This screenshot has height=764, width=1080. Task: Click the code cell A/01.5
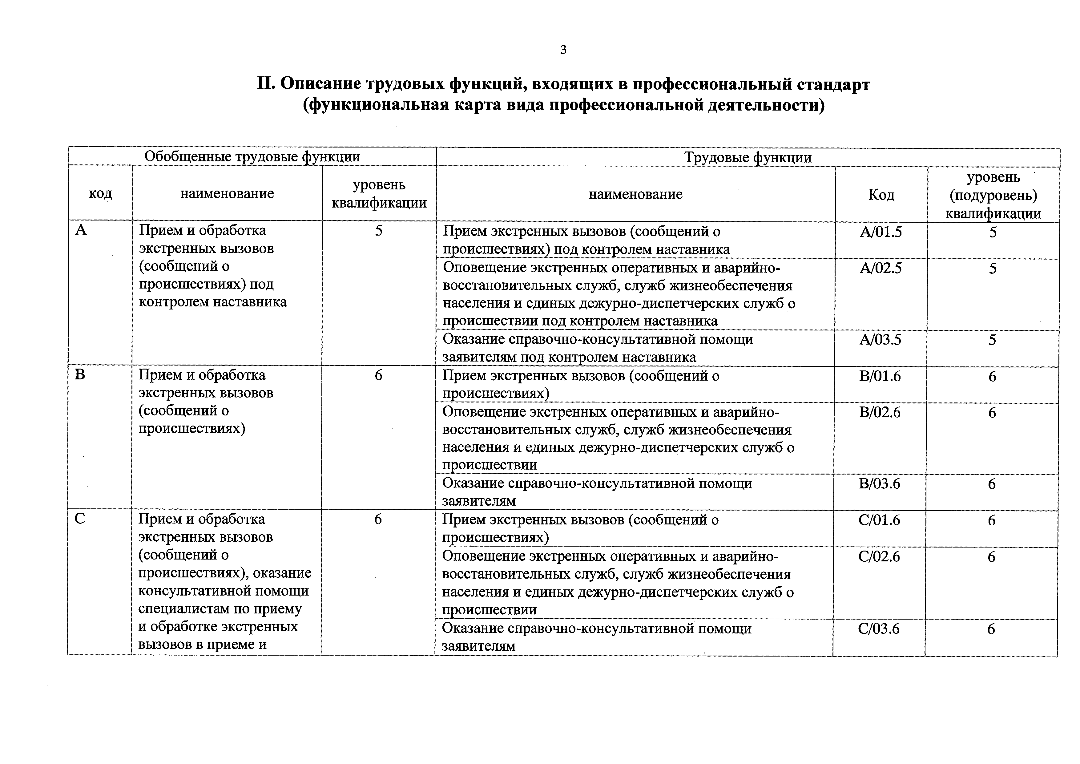click(881, 232)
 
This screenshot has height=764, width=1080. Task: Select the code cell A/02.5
click(881, 268)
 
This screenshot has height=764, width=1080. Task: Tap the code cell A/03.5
click(880, 340)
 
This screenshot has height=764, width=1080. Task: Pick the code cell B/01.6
click(880, 376)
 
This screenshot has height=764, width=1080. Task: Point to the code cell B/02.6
click(880, 413)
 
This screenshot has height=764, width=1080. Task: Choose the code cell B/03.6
click(879, 483)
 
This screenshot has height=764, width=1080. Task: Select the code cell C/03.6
click(879, 629)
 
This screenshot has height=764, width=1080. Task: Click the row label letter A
click(81, 230)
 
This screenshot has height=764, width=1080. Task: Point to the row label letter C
click(80, 519)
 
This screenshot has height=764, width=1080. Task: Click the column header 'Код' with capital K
click(881, 194)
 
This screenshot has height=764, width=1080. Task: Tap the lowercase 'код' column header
click(101, 193)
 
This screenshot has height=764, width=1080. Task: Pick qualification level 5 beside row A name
click(379, 231)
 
